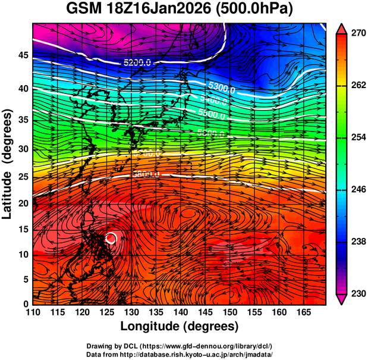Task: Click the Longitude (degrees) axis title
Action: pos(180,326)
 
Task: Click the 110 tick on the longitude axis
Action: pos(33,312)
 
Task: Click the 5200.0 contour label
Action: pos(137,62)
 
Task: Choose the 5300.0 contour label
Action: pos(221,90)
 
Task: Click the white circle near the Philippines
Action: pos(111,238)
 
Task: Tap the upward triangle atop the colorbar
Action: pos(342,28)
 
